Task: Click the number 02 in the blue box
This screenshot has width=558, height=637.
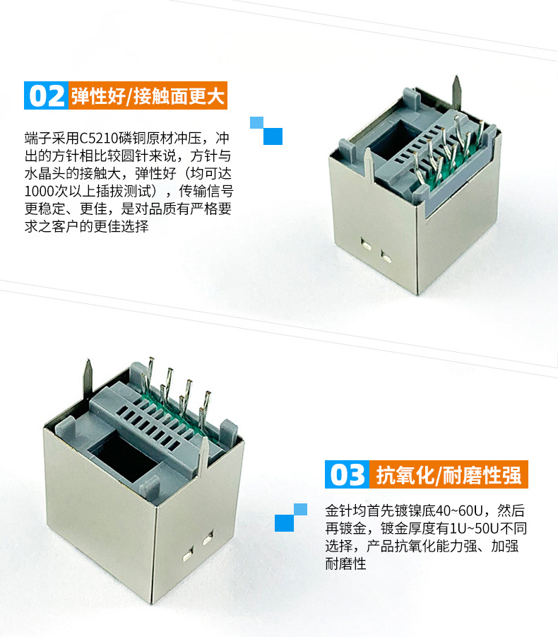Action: [x=47, y=96]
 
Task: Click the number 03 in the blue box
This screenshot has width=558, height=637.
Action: [x=348, y=474]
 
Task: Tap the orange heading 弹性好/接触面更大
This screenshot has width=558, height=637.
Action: [x=148, y=96]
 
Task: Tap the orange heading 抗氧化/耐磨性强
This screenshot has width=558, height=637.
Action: [x=449, y=475]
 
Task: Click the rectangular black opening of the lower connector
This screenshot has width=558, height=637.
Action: [x=123, y=455]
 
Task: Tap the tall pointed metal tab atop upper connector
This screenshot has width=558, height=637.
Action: [x=456, y=94]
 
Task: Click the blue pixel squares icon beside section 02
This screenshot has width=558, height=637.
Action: [x=266, y=131]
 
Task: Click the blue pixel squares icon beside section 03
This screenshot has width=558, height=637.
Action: [x=291, y=518]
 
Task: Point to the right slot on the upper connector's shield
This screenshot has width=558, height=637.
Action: [x=386, y=257]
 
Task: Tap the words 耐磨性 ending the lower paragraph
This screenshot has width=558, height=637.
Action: [x=346, y=563]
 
